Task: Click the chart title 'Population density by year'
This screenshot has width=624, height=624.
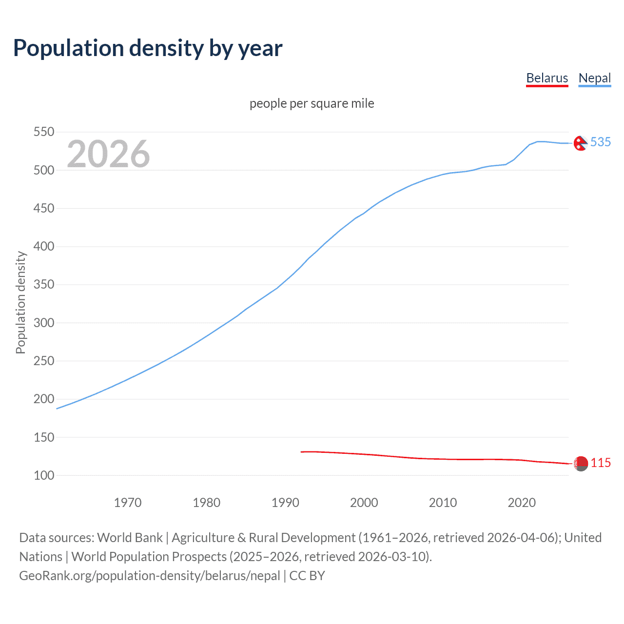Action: (x=148, y=48)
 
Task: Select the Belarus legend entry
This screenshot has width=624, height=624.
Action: (x=547, y=78)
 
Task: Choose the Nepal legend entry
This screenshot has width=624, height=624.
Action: (x=594, y=78)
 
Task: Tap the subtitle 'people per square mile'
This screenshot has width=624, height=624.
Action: (x=312, y=103)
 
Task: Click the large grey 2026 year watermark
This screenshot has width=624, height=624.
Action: (x=108, y=154)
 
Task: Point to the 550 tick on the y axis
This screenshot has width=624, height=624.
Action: (x=43, y=132)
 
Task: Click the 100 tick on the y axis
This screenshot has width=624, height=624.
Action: (x=43, y=475)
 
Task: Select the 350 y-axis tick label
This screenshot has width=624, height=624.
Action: (x=43, y=285)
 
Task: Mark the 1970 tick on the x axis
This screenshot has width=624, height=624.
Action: (x=128, y=503)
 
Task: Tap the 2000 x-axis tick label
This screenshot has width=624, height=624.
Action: (x=364, y=503)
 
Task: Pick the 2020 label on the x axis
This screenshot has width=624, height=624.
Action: (x=522, y=503)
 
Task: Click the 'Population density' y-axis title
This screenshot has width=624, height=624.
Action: (x=20, y=302)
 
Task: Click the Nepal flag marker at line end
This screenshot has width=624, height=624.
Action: (x=580, y=143)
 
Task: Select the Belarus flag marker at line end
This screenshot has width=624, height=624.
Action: (x=581, y=464)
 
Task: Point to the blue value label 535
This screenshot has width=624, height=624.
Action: (x=601, y=142)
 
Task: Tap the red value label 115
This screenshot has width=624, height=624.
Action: (x=601, y=463)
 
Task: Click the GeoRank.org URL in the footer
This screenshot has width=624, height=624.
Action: (x=149, y=576)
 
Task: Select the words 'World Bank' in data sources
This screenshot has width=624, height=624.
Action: (x=130, y=538)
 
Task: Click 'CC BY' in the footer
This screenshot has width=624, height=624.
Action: (x=307, y=576)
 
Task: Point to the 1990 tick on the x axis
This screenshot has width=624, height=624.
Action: (x=285, y=503)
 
